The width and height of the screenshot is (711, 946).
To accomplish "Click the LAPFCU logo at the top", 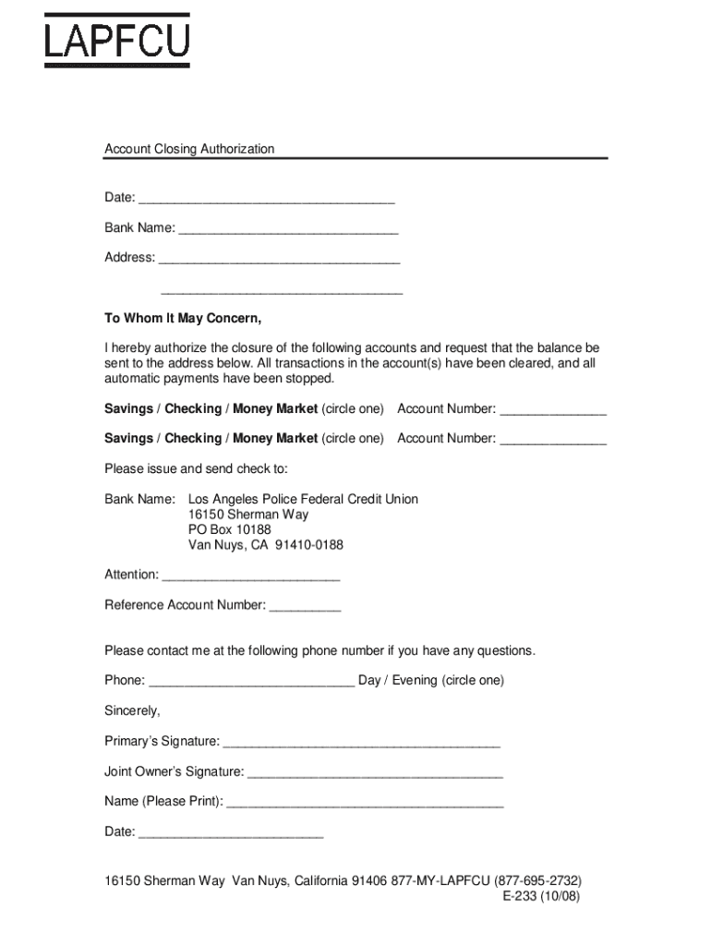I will tap(117, 41).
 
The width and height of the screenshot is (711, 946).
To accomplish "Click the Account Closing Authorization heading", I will tap(189, 149).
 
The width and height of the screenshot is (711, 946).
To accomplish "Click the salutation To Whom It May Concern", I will tap(183, 319).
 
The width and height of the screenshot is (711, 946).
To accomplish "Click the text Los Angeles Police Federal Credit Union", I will tap(303, 499).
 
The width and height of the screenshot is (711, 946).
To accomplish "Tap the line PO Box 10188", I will tap(230, 529).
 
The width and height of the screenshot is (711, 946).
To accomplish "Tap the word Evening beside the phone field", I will tap(414, 681).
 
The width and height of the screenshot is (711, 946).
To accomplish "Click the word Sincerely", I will tap(132, 711).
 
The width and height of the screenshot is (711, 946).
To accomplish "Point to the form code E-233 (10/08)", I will tap(541, 896).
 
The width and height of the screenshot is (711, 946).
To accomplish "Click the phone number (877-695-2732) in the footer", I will tap(538, 880).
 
